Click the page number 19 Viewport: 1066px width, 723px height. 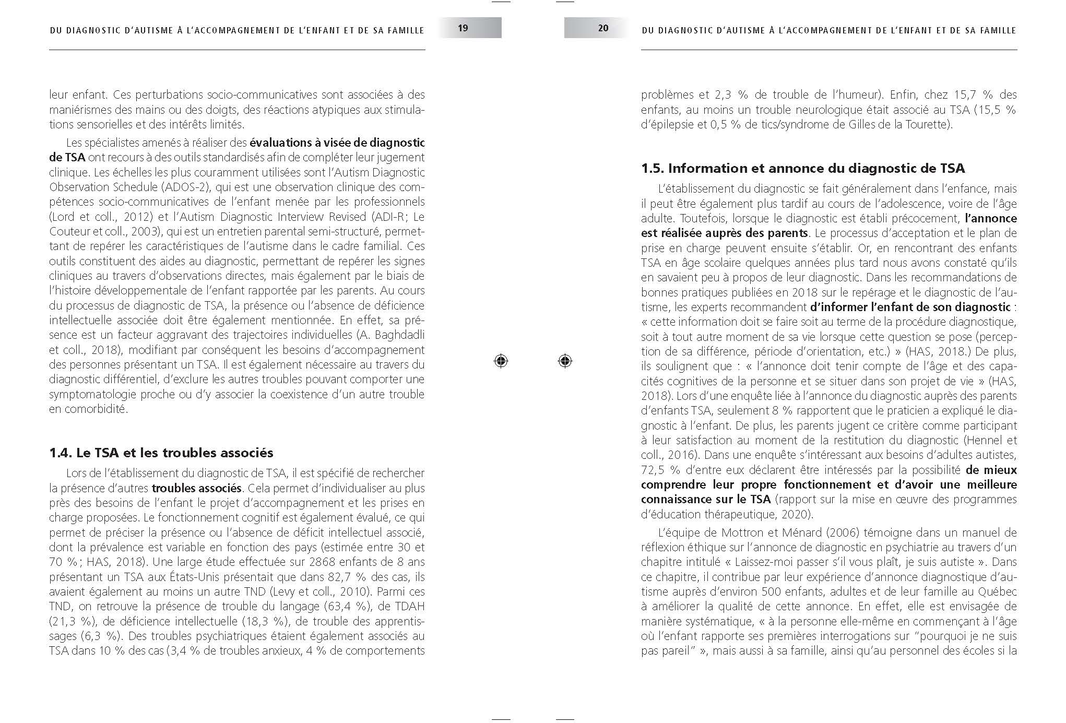[x=463, y=28]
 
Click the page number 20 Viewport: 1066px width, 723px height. [x=603, y=28]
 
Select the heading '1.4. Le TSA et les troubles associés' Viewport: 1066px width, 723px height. [x=161, y=453]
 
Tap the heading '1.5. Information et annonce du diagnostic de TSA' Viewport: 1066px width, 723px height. [x=803, y=168]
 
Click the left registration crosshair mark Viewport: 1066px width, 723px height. [x=501, y=361]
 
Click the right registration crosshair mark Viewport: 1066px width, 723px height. [x=565, y=361]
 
